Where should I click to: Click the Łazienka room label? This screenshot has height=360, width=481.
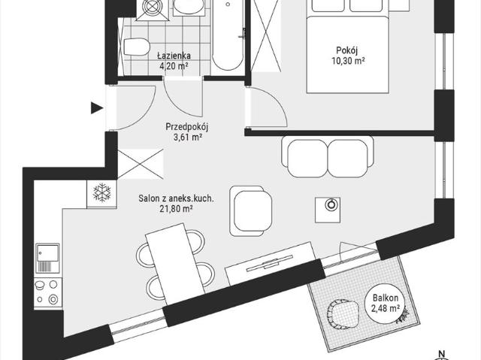(174, 56)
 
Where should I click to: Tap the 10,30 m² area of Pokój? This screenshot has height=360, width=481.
(348, 61)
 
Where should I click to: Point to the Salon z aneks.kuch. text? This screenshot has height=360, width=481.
(176, 198)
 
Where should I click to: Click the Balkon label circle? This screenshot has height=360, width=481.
(386, 302)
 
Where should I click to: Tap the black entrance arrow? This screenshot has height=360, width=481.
(97, 108)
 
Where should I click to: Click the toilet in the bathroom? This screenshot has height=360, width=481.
(137, 47)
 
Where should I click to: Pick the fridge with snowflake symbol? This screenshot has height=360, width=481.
(102, 194)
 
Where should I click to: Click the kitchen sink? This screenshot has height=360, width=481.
(47, 258)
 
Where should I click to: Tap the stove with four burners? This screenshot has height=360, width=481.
(47, 293)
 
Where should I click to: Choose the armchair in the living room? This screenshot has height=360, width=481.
(250, 210)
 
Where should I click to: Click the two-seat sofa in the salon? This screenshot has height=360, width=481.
(328, 156)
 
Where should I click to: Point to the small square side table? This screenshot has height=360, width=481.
(328, 210)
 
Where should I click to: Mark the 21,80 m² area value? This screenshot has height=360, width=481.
(176, 209)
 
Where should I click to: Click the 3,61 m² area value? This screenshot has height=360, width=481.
(187, 137)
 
